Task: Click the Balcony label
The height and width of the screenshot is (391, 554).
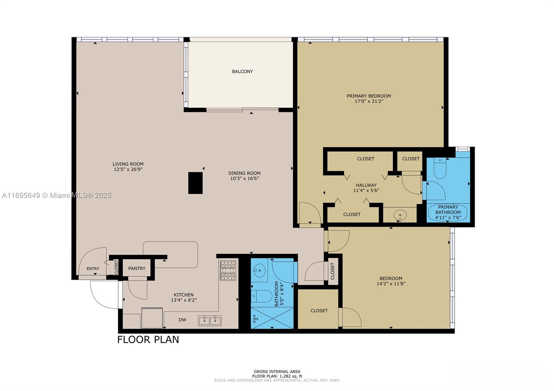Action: point(242,72)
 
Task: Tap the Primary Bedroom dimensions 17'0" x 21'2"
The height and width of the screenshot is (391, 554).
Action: point(369,101)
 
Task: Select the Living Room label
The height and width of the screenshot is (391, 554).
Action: point(128,164)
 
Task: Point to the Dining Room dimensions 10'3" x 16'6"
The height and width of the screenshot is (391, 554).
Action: point(244,179)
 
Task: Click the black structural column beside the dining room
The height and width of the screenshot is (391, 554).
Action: point(195,183)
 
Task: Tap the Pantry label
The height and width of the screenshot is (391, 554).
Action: point(137,269)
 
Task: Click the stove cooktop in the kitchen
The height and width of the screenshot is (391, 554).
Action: point(228,271)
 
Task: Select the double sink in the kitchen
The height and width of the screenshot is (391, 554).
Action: point(210,321)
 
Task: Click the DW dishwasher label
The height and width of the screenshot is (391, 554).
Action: point(182,320)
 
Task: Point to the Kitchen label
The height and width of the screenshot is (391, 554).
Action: point(184,295)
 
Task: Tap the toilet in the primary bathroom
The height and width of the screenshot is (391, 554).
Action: point(440,168)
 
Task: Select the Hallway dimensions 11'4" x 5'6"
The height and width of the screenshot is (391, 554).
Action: point(366,191)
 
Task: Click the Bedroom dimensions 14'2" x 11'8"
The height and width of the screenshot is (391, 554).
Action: point(391,284)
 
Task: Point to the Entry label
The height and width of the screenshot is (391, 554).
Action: point(93,269)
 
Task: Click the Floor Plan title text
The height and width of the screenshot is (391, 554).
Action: point(148,339)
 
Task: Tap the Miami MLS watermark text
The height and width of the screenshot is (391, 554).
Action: point(57,195)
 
